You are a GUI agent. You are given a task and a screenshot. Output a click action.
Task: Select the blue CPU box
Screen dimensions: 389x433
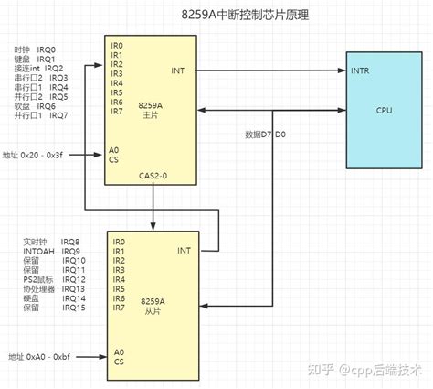click(384, 111)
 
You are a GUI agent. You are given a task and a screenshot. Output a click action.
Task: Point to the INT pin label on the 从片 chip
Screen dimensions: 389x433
click(184, 249)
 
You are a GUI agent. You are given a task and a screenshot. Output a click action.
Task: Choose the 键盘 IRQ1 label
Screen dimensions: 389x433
click(36, 59)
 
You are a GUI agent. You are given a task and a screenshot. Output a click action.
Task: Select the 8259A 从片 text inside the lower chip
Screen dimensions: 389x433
click(153, 305)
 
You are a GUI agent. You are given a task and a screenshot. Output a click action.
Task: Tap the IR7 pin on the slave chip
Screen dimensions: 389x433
click(119, 308)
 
